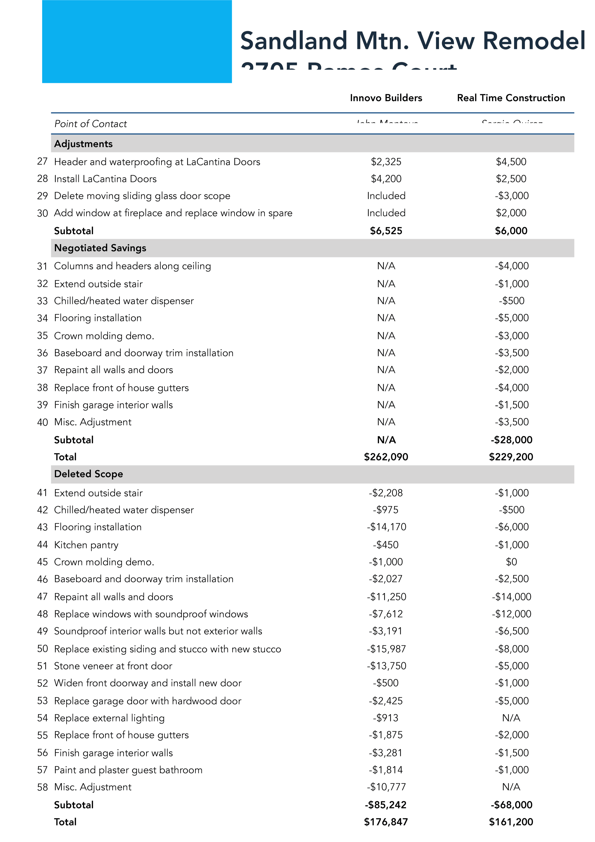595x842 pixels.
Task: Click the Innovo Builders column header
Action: click(386, 98)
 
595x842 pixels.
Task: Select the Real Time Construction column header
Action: click(511, 98)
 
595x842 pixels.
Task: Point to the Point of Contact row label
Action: click(90, 124)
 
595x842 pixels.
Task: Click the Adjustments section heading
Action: click(83, 144)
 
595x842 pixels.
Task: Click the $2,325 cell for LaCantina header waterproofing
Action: click(386, 162)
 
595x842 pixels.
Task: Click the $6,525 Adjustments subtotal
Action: click(386, 231)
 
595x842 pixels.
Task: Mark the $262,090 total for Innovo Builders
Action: click(386, 457)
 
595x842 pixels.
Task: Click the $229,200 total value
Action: click(511, 457)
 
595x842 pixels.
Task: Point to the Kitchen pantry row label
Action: click(86, 545)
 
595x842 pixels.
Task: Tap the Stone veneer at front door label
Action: click(113, 666)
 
